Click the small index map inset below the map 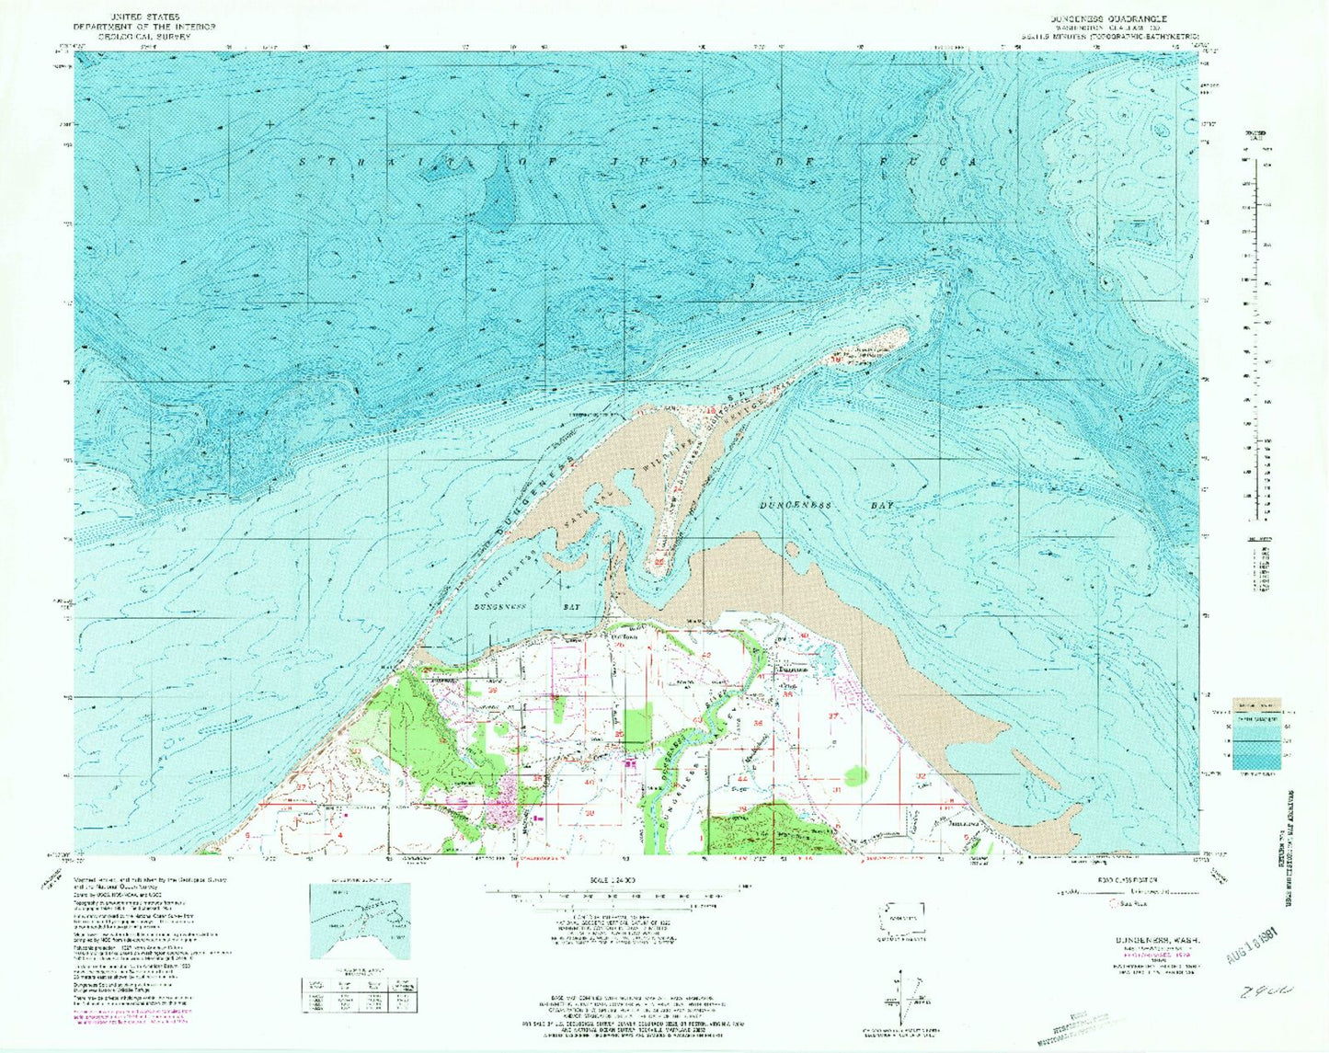click(360, 921)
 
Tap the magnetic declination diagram click(906, 995)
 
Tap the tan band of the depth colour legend click(1256, 704)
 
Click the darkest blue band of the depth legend click(1256, 761)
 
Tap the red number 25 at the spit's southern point click(659, 560)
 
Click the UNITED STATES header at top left click(144, 17)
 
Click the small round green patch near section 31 click(856, 776)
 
